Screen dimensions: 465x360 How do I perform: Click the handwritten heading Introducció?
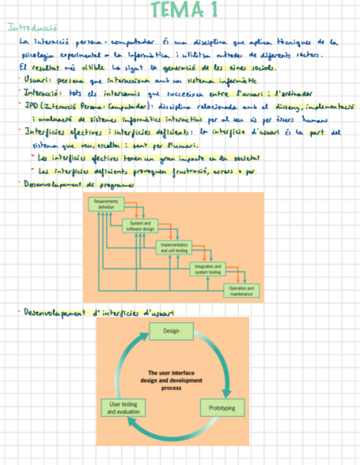[33, 27]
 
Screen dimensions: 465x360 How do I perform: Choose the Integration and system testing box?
[207, 269]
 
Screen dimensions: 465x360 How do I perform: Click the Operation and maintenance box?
[241, 291]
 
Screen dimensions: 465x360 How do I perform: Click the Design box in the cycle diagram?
[171, 331]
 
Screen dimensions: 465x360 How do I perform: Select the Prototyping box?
[222, 408]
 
